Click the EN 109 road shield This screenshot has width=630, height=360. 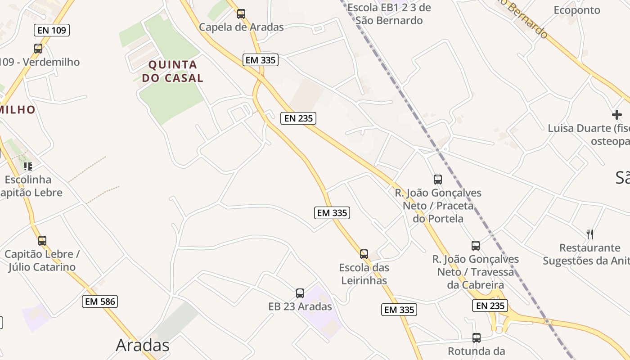pos(52,30)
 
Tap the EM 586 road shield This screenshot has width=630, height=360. pos(100,301)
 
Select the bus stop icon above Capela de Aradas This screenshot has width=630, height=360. pos(241,14)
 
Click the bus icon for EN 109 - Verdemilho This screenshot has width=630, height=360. pos(38,49)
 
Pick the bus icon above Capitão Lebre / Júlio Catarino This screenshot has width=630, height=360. pos(42,241)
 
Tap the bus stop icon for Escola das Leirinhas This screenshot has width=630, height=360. pos(364,254)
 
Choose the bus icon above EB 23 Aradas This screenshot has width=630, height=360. pos(300,293)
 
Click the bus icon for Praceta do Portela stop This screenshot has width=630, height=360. pos(438,180)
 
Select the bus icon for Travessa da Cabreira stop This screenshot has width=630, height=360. pos(476,246)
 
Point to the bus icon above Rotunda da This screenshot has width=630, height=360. pos(477,337)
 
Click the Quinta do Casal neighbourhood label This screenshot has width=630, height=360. pos(173,71)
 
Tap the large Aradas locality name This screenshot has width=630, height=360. pos(143,345)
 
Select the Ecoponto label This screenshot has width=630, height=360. pos(577,10)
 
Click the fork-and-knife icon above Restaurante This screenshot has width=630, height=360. pos(590,234)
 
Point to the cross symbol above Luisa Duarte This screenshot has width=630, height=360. pos(617,115)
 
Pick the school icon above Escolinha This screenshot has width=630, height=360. pos(28,166)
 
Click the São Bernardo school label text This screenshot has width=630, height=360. pos(389,14)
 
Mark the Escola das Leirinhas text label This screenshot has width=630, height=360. pos(364,274)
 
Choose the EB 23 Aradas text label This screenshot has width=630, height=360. pos(300,306)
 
